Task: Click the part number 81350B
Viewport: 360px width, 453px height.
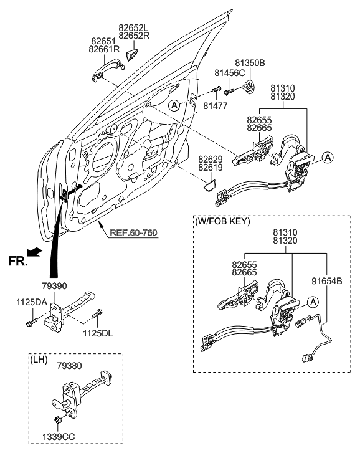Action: (x=250, y=63)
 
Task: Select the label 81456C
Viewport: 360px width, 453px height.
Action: (x=229, y=73)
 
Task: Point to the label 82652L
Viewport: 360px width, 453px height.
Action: (x=134, y=27)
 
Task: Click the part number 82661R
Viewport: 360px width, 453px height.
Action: (x=103, y=49)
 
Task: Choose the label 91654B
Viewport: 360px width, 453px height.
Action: (x=326, y=281)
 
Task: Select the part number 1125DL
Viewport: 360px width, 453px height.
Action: (x=97, y=333)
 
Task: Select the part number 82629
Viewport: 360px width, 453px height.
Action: (x=212, y=160)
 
